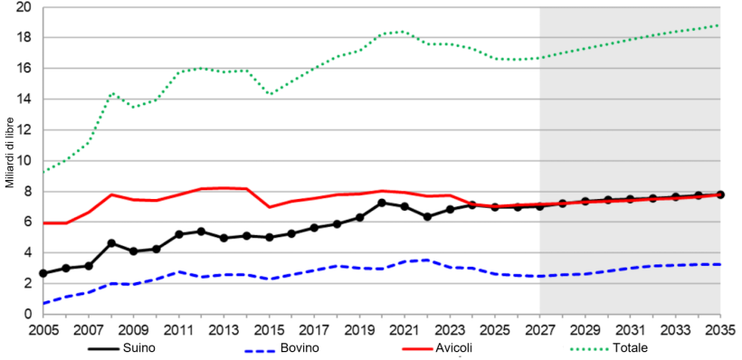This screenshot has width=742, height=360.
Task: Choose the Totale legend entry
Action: [x=629, y=347]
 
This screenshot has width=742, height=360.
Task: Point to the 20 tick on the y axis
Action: [x=24, y=7]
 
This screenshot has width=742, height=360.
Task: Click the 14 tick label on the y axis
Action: [x=24, y=99]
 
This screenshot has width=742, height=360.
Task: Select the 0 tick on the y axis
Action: [x=28, y=314]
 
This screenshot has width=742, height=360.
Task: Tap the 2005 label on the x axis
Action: [x=43, y=329]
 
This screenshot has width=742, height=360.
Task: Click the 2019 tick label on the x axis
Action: [x=359, y=329]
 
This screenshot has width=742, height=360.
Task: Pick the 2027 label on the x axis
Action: [x=540, y=329]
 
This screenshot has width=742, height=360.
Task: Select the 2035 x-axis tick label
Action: [x=720, y=329]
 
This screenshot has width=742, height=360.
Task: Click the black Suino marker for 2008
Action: [x=110, y=243]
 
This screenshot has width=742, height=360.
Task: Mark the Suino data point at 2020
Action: [x=382, y=203]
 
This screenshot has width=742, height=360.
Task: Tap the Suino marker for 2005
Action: [x=43, y=273]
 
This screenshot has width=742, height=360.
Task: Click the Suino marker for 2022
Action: [x=427, y=217]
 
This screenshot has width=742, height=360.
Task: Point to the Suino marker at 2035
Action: [x=720, y=194]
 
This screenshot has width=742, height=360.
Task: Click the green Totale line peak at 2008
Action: [x=111, y=93]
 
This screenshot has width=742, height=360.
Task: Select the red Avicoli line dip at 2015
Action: [x=269, y=207]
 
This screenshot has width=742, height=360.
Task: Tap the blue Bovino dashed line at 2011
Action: [x=178, y=271]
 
